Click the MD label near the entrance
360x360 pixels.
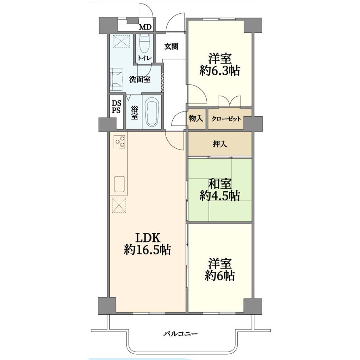pyautogui.click(x=146, y=27)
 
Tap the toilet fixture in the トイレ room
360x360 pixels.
pyautogui.click(x=144, y=44)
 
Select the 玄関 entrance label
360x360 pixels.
pyautogui.click(x=171, y=46)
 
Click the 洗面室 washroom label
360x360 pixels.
pyautogui.click(x=140, y=79)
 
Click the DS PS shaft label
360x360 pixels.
pyautogui.click(x=116, y=107)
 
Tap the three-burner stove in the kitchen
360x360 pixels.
pyautogui.click(x=120, y=141)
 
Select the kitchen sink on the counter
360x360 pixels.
pyautogui.click(x=119, y=184)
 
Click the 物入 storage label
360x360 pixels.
pyautogui.click(x=196, y=119)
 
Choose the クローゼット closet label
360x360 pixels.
pyautogui.click(x=226, y=119)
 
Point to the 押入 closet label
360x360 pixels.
pyautogui.click(x=220, y=144)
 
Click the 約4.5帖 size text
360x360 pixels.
pyautogui.click(x=219, y=196)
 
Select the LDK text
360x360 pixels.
pyautogui.click(x=147, y=238)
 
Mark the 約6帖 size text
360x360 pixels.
pyautogui.click(x=220, y=276)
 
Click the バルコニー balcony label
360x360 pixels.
pyautogui.click(x=180, y=334)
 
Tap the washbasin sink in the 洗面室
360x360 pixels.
pyautogui.click(x=117, y=79)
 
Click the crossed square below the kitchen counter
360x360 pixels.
pyautogui.click(x=119, y=205)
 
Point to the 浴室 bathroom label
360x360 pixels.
pyautogui.click(x=135, y=112)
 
